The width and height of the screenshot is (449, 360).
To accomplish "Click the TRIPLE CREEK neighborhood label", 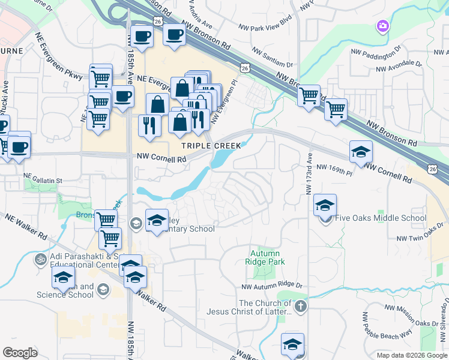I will coord(212,146).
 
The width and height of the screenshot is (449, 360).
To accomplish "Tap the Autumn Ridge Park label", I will coord(268,257).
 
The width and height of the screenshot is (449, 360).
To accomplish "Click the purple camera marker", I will coord(382,26).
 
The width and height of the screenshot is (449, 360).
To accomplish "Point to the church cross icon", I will coord(301,307).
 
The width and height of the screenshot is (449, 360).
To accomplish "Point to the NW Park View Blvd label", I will coord(265,28).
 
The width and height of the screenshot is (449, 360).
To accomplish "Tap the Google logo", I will coord(20,352).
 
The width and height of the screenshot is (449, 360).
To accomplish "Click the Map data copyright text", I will coord(411,355).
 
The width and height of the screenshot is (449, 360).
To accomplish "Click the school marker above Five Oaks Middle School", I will coord(325,206).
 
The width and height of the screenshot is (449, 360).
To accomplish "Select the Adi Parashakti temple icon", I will coord(41,260).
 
